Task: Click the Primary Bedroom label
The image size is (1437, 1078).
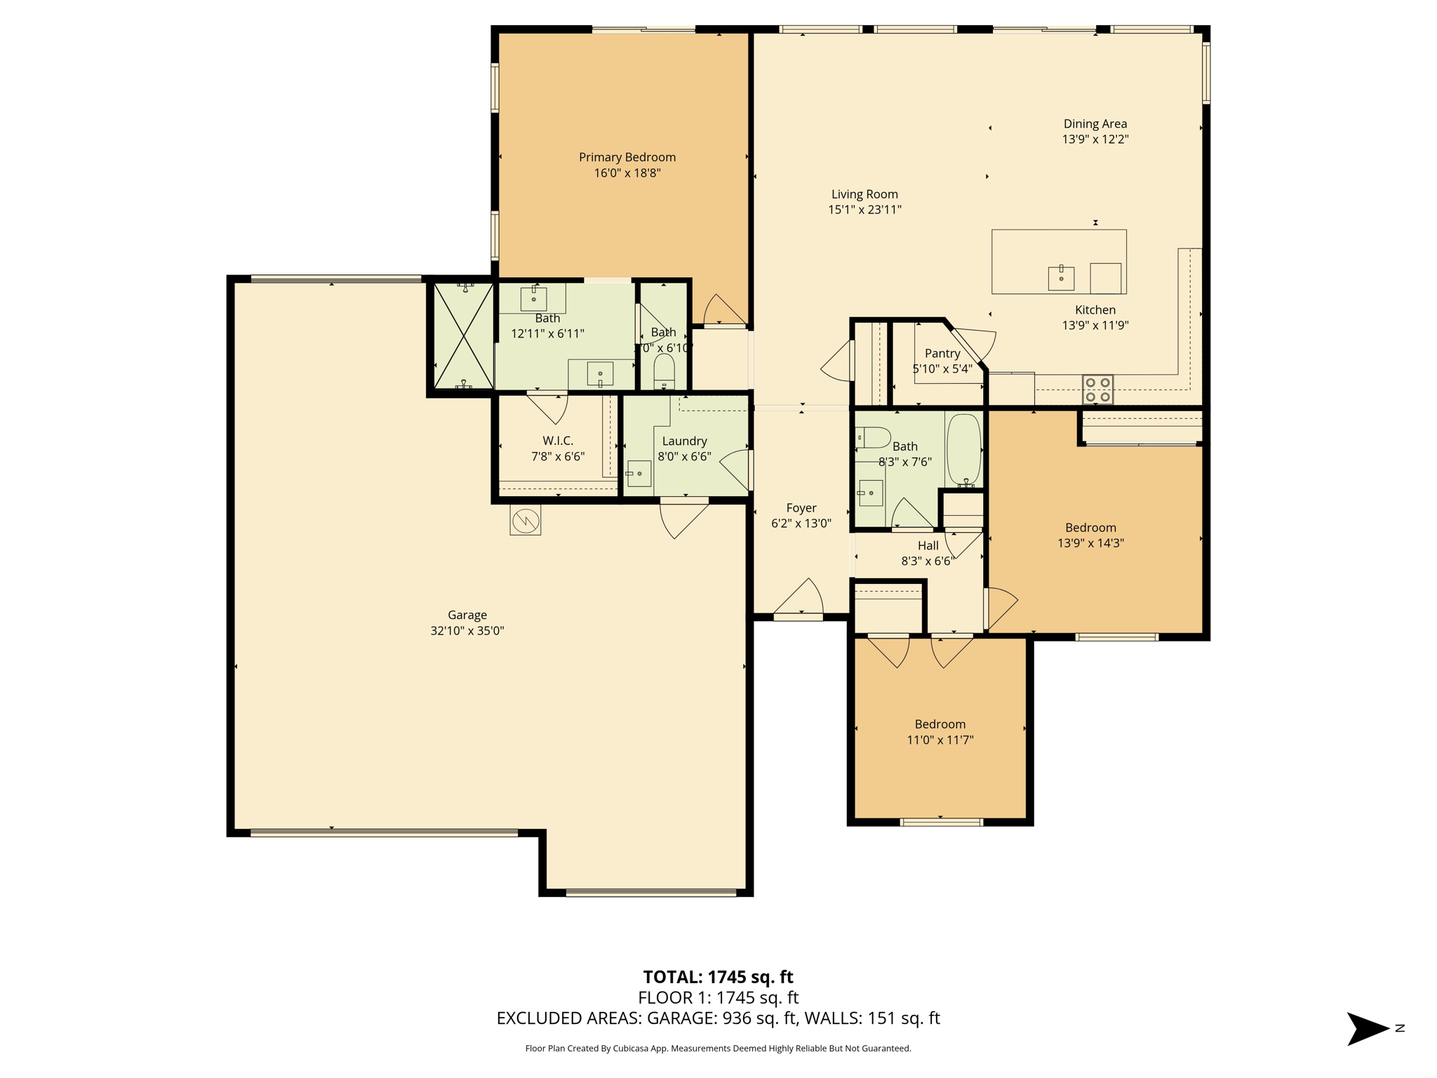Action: click(627, 157)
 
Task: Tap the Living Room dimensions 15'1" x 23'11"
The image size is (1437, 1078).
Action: click(864, 209)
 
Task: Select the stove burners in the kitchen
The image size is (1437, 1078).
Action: click(1097, 390)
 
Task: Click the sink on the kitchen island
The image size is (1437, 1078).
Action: click(1061, 278)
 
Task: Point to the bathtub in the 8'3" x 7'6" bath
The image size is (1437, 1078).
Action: click(963, 449)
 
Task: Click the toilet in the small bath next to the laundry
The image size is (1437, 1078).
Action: click(664, 371)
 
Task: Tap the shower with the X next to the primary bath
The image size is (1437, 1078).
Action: click(463, 335)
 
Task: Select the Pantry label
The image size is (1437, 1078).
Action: click(942, 353)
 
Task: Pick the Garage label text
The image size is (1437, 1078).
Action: click(467, 615)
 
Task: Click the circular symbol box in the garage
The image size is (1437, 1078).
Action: click(525, 521)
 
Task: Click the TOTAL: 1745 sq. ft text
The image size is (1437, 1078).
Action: click(718, 976)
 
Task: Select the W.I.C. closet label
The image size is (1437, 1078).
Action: click(558, 441)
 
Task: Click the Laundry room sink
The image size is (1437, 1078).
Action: click(639, 474)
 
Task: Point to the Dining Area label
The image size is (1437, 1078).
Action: click(1095, 124)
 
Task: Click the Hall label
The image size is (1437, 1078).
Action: click(928, 545)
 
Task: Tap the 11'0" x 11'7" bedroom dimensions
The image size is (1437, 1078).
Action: click(940, 740)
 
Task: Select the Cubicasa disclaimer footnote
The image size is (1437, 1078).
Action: click(718, 1049)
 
